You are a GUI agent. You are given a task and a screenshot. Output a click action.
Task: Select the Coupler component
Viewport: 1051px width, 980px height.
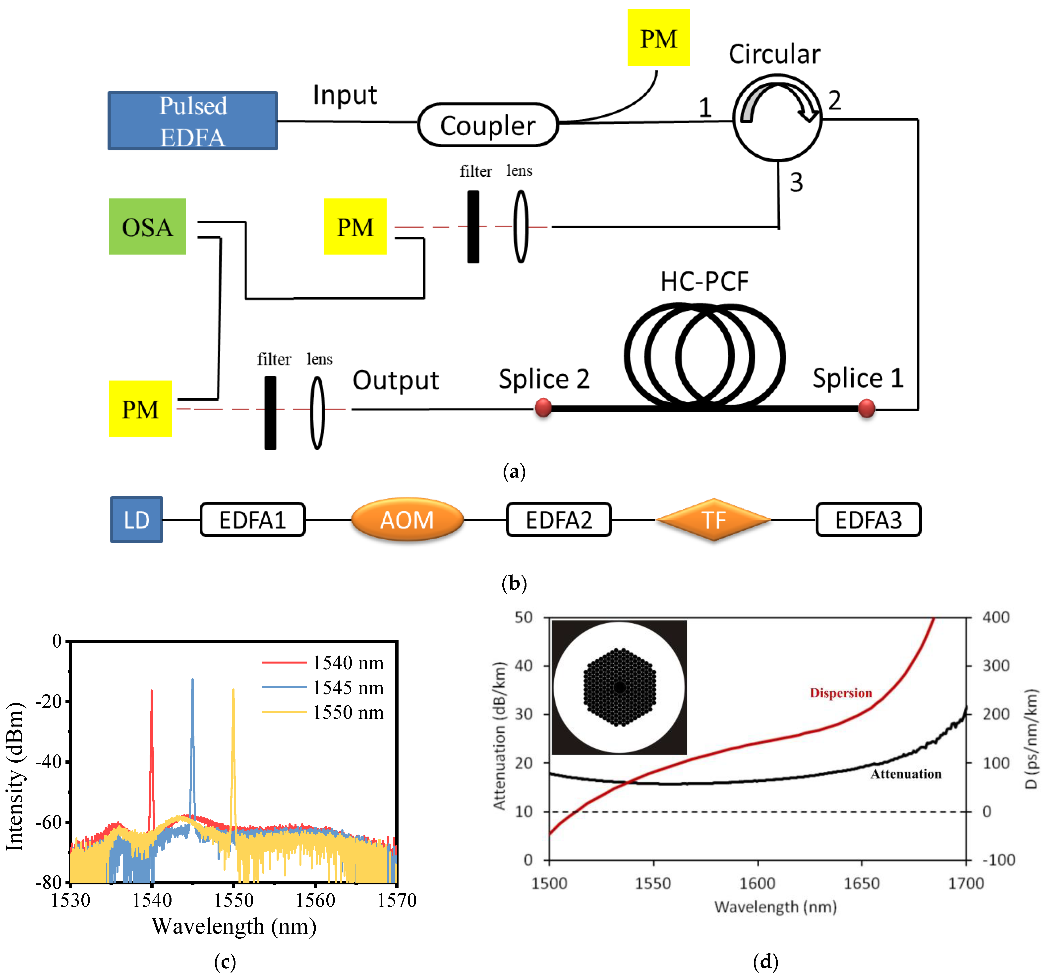coord(487,125)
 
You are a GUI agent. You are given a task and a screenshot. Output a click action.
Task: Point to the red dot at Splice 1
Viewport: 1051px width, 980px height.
coord(867,408)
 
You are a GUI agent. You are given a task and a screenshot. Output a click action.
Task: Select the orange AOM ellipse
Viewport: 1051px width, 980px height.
coord(407,520)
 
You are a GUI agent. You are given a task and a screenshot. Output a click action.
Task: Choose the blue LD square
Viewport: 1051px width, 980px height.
coord(136,520)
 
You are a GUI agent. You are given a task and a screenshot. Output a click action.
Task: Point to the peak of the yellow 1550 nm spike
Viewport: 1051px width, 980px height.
coord(233,690)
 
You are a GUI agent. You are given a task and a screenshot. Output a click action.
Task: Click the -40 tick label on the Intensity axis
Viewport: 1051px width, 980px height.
coord(49,762)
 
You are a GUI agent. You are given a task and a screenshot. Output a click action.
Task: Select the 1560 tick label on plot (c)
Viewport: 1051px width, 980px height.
coord(315,900)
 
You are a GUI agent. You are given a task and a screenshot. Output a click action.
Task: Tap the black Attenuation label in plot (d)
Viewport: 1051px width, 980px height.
coord(906,774)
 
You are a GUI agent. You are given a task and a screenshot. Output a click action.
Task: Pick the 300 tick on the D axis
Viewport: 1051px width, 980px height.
coord(996,665)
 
